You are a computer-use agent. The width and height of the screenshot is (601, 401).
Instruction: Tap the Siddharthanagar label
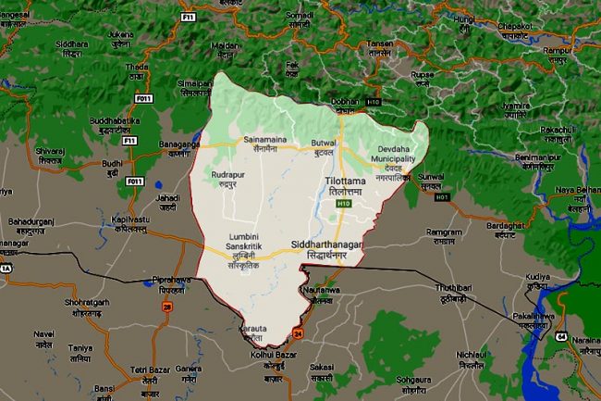click(x=331, y=245)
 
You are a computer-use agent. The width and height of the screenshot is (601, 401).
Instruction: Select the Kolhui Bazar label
click(x=273, y=359)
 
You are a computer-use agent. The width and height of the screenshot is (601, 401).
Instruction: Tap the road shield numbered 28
click(x=166, y=307)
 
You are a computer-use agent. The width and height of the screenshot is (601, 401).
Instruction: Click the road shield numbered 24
click(x=298, y=332)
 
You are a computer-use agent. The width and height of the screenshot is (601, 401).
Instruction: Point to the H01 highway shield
click(x=442, y=197)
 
